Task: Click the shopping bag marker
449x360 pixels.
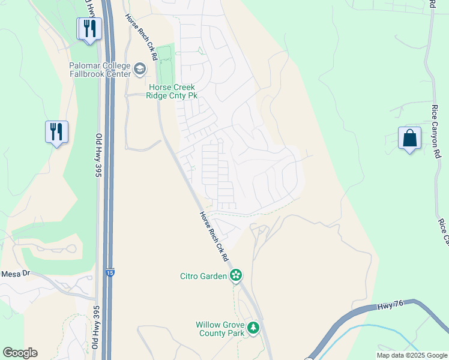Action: coord(409,139)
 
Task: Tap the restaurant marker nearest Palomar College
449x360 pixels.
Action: coord(89,29)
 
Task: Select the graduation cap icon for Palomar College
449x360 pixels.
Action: coord(140,70)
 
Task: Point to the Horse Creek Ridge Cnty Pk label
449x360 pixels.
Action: coord(173,91)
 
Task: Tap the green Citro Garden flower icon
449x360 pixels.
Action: coord(237,275)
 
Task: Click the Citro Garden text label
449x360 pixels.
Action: coord(203,276)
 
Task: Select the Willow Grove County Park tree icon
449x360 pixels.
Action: coord(253,328)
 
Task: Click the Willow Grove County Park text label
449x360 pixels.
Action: coord(220,328)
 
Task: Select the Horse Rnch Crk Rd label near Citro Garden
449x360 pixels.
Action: coord(215,236)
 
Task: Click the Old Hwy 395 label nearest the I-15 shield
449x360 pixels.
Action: coord(96,329)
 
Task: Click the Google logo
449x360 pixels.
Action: coord(20,353)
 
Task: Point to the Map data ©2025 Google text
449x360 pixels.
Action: coord(411,355)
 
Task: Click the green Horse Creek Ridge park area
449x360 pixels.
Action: coord(165,63)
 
